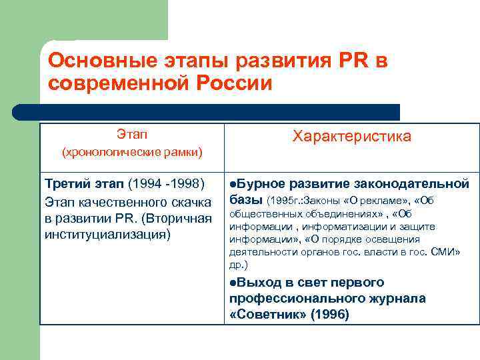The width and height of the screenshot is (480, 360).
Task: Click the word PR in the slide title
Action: click(x=355, y=61)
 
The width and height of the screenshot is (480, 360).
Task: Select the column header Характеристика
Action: click(x=352, y=137)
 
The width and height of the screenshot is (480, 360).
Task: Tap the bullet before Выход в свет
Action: click(x=233, y=282)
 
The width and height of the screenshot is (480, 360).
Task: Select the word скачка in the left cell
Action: click(x=187, y=201)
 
